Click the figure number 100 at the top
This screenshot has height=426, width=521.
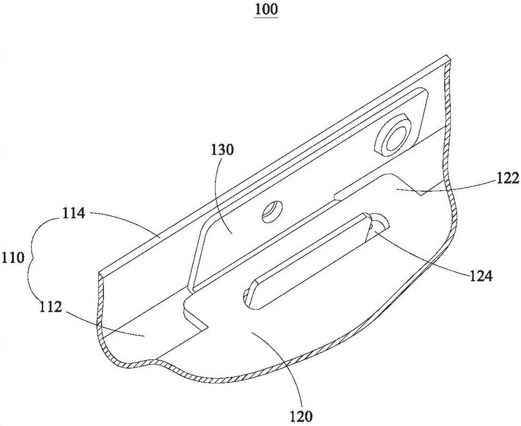coord(266,10)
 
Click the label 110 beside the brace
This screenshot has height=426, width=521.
coord(12,258)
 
